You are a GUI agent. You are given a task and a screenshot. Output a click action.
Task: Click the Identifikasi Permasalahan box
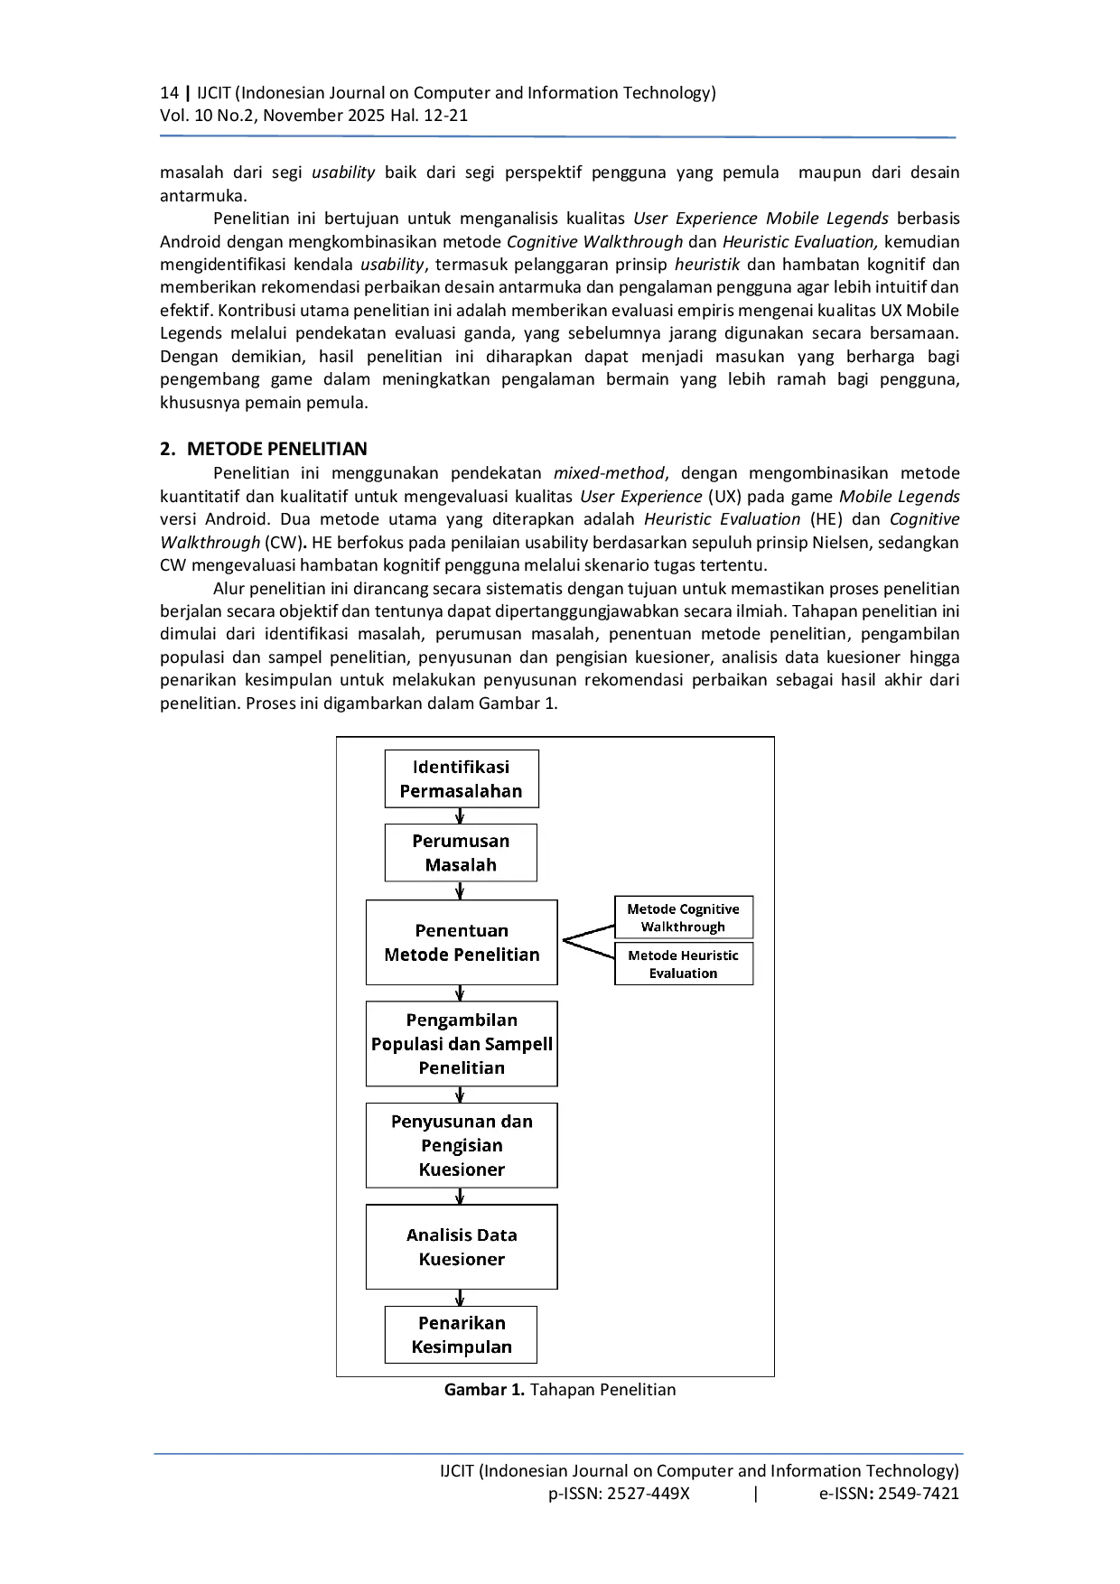click(x=461, y=778)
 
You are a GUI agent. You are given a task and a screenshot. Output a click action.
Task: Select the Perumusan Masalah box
click(x=461, y=853)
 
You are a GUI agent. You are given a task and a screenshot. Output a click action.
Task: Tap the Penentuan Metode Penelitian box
click(x=462, y=942)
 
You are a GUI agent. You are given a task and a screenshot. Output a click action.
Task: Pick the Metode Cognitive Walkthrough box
click(x=684, y=918)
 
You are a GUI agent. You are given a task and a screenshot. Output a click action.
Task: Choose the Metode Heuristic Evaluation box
click(x=684, y=964)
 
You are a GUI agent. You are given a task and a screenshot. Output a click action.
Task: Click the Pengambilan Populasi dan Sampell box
click(x=462, y=1043)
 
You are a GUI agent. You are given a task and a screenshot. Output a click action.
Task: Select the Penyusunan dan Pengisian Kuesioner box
click(x=462, y=1145)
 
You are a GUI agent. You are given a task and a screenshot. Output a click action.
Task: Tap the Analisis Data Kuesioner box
click(x=462, y=1246)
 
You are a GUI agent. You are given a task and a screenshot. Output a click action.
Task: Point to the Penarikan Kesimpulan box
click(x=461, y=1335)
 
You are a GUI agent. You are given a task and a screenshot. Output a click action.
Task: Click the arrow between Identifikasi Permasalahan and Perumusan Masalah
click(x=460, y=815)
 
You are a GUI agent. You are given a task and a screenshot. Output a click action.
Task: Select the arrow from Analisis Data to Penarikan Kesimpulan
click(x=460, y=1298)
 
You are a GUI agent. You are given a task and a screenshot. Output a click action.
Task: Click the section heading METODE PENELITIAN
click(x=277, y=449)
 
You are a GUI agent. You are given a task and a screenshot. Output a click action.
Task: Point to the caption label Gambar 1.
click(x=484, y=1389)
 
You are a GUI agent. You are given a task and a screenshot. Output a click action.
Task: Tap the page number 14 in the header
click(x=169, y=92)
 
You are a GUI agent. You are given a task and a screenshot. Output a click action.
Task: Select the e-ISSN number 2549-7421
click(x=919, y=1493)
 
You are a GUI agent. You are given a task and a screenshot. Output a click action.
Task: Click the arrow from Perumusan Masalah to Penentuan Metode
click(x=460, y=890)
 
